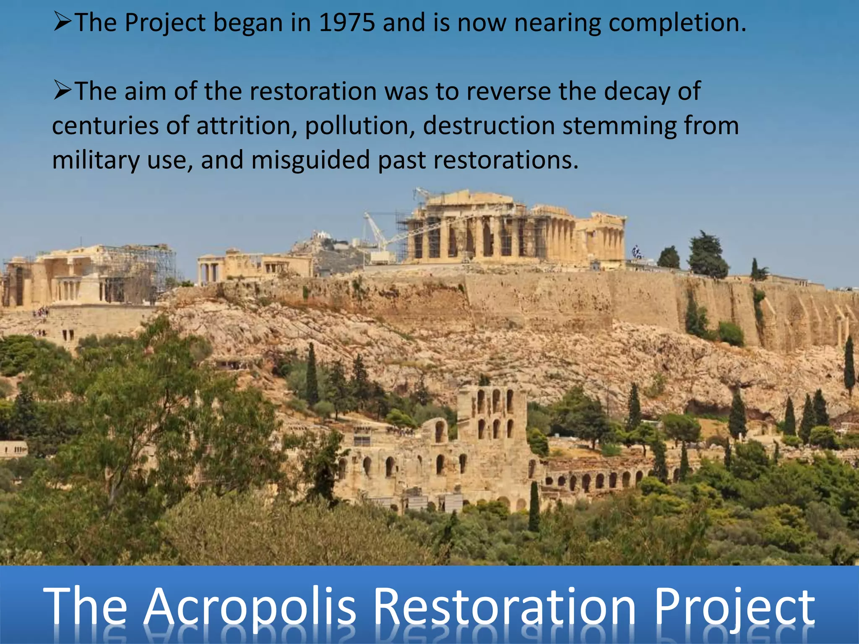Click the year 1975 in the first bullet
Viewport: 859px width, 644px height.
click(x=346, y=23)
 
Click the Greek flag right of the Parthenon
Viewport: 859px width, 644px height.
click(x=637, y=251)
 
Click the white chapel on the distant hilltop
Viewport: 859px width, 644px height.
click(x=322, y=235)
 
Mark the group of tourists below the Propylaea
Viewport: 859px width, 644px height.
click(x=42, y=312)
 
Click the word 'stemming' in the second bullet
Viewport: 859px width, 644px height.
click(x=619, y=126)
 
